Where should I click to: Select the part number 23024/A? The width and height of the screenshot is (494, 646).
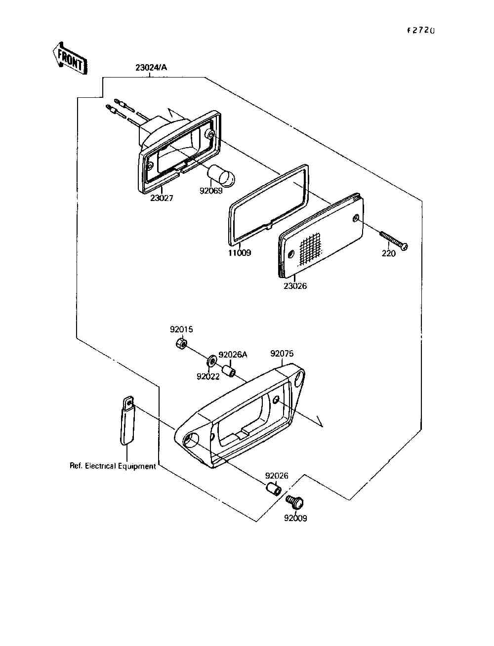[151, 68]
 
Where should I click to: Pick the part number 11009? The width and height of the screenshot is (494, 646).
[239, 253]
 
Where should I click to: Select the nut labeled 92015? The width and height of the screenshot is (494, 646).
[181, 343]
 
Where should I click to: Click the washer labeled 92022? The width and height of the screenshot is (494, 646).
[211, 361]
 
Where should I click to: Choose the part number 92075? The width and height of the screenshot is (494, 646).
[282, 354]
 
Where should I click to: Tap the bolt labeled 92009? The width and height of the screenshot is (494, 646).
[295, 502]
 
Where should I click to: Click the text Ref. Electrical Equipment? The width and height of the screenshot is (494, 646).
[113, 466]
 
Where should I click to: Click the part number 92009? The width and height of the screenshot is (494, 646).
[295, 518]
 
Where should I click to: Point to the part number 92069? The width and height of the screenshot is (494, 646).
[211, 190]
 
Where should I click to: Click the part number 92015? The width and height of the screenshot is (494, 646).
[181, 329]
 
